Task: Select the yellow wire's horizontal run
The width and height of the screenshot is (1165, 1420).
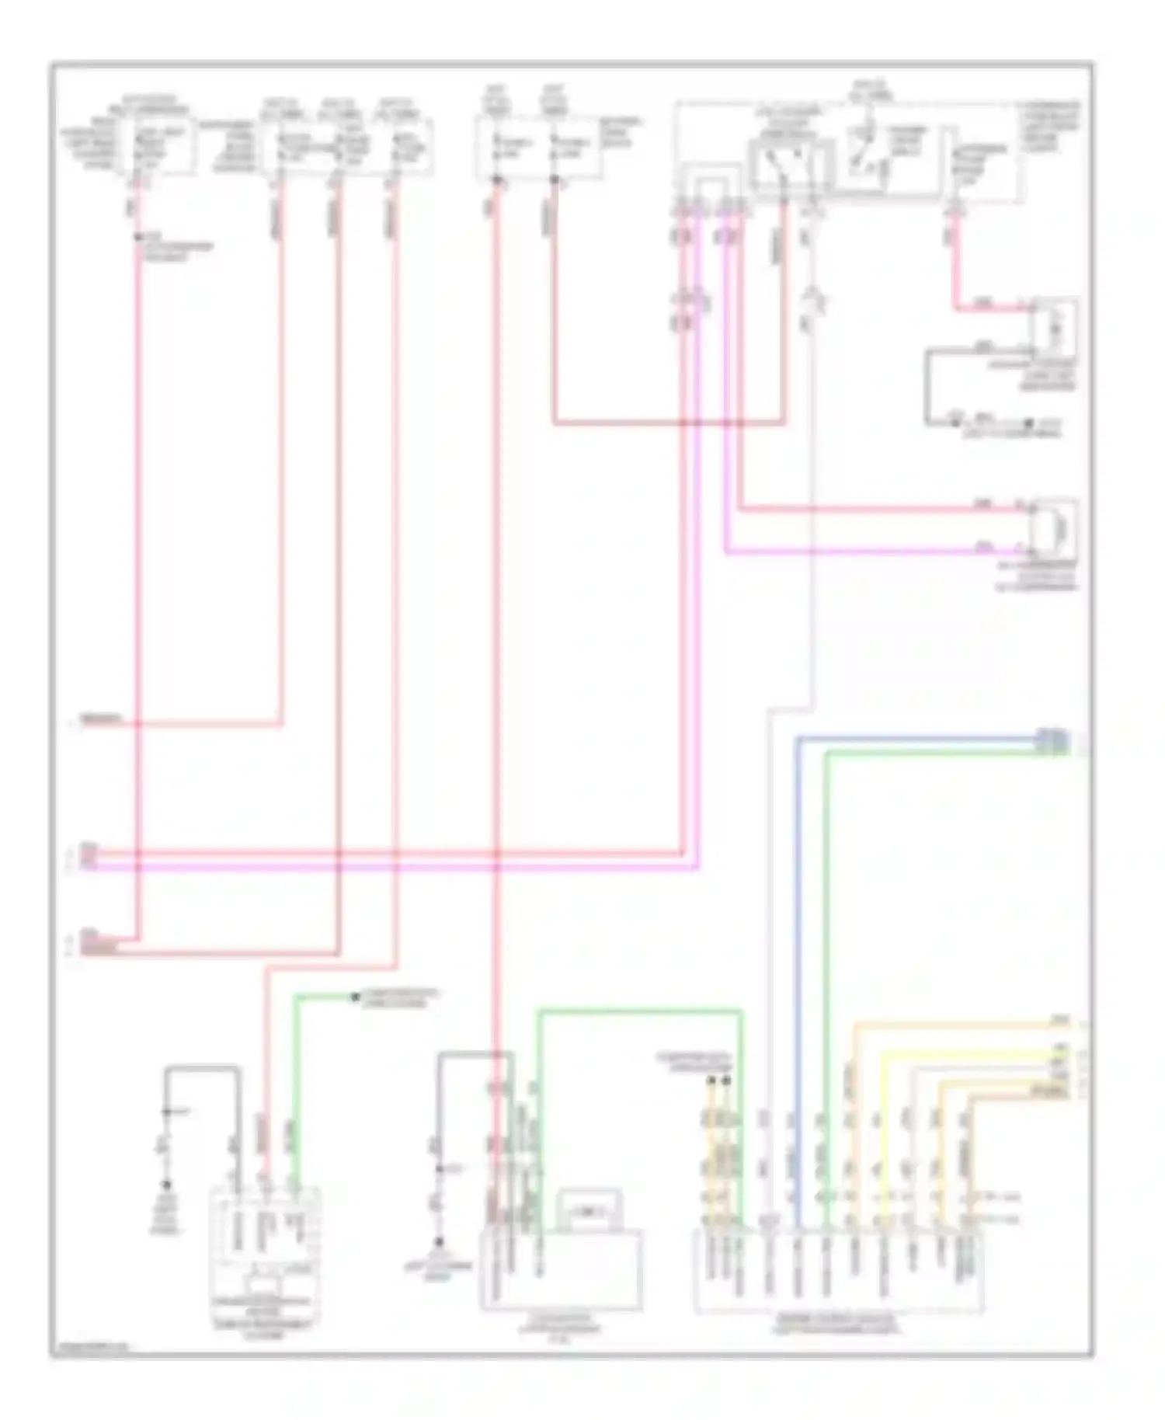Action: [971, 1053]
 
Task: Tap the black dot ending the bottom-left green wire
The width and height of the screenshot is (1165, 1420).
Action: [355, 997]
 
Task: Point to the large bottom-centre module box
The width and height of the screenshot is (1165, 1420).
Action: [561, 1270]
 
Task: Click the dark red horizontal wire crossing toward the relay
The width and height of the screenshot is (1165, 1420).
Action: [668, 424]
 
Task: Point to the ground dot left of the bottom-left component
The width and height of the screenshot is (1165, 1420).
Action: [165, 1185]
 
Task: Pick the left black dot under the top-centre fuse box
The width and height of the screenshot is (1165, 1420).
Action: [496, 180]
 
